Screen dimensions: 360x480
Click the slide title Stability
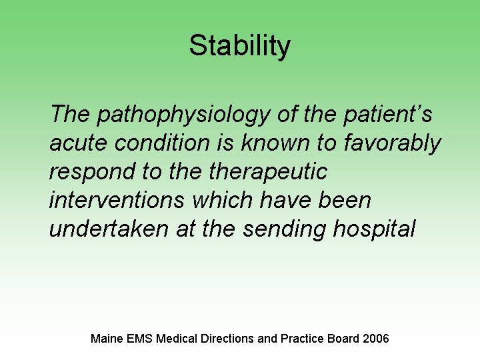click(239, 46)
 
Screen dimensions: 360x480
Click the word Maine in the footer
click(106, 339)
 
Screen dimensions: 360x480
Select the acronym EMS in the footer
click(140, 339)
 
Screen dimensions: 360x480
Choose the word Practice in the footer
click(301, 339)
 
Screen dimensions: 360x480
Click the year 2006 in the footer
click(376, 339)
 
